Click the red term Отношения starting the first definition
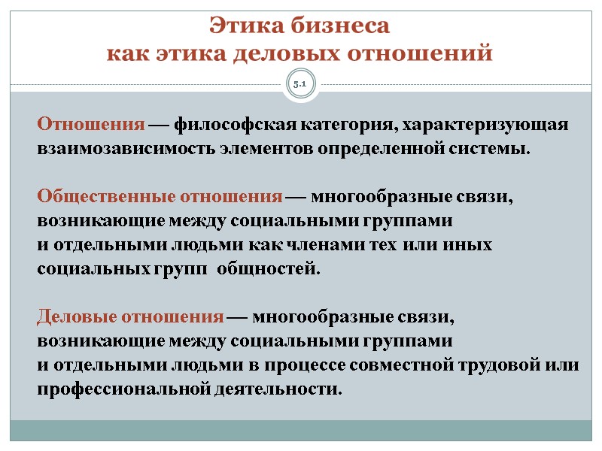91,124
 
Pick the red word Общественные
106,197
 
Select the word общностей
267,269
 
